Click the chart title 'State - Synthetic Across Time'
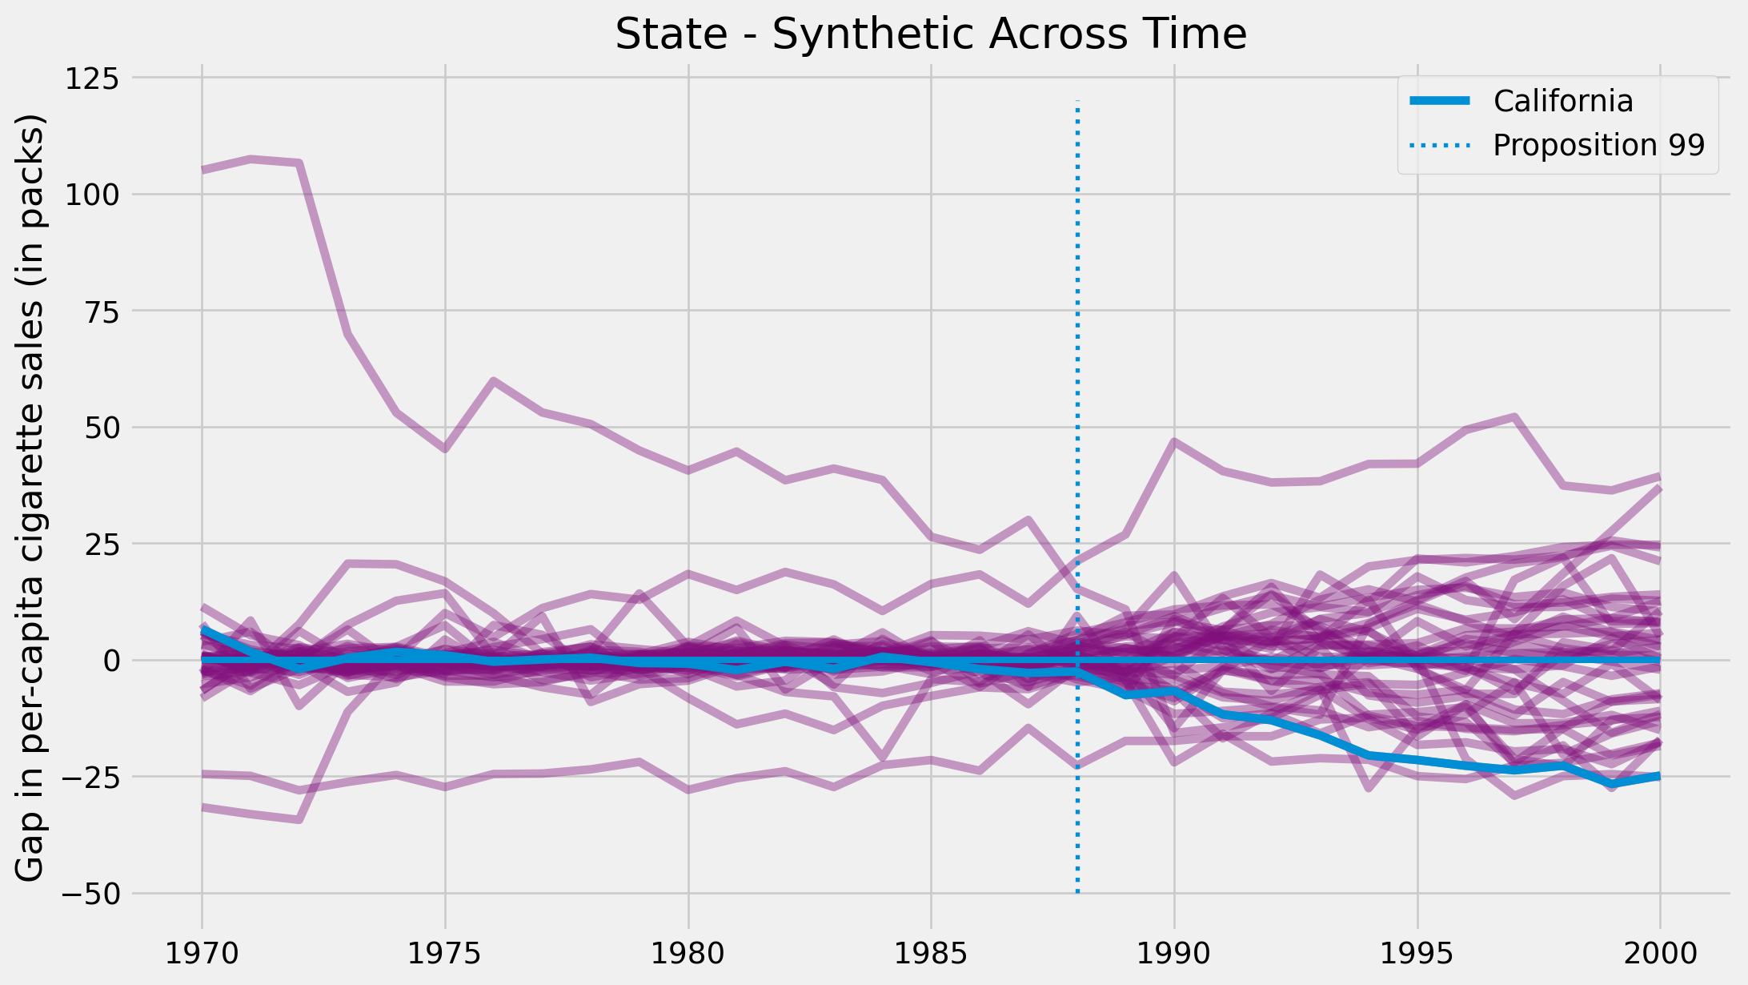click(931, 35)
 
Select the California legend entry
click(1562, 101)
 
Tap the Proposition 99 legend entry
click(1598, 145)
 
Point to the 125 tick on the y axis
click(90, 78)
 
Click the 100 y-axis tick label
click(90, 195)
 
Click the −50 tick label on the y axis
click(90, 894)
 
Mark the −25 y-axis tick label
click(90, 778)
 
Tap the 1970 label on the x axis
click(202, 953)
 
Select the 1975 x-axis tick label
click(445, 953)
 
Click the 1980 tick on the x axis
click(688, 953)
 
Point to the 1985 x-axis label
click(931, 953)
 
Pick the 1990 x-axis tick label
click(1174, 953)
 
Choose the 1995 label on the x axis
click(1417, 953)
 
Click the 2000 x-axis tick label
click(1660, 953)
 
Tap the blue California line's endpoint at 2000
click(1659, 776)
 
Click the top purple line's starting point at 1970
click(202, 170)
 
